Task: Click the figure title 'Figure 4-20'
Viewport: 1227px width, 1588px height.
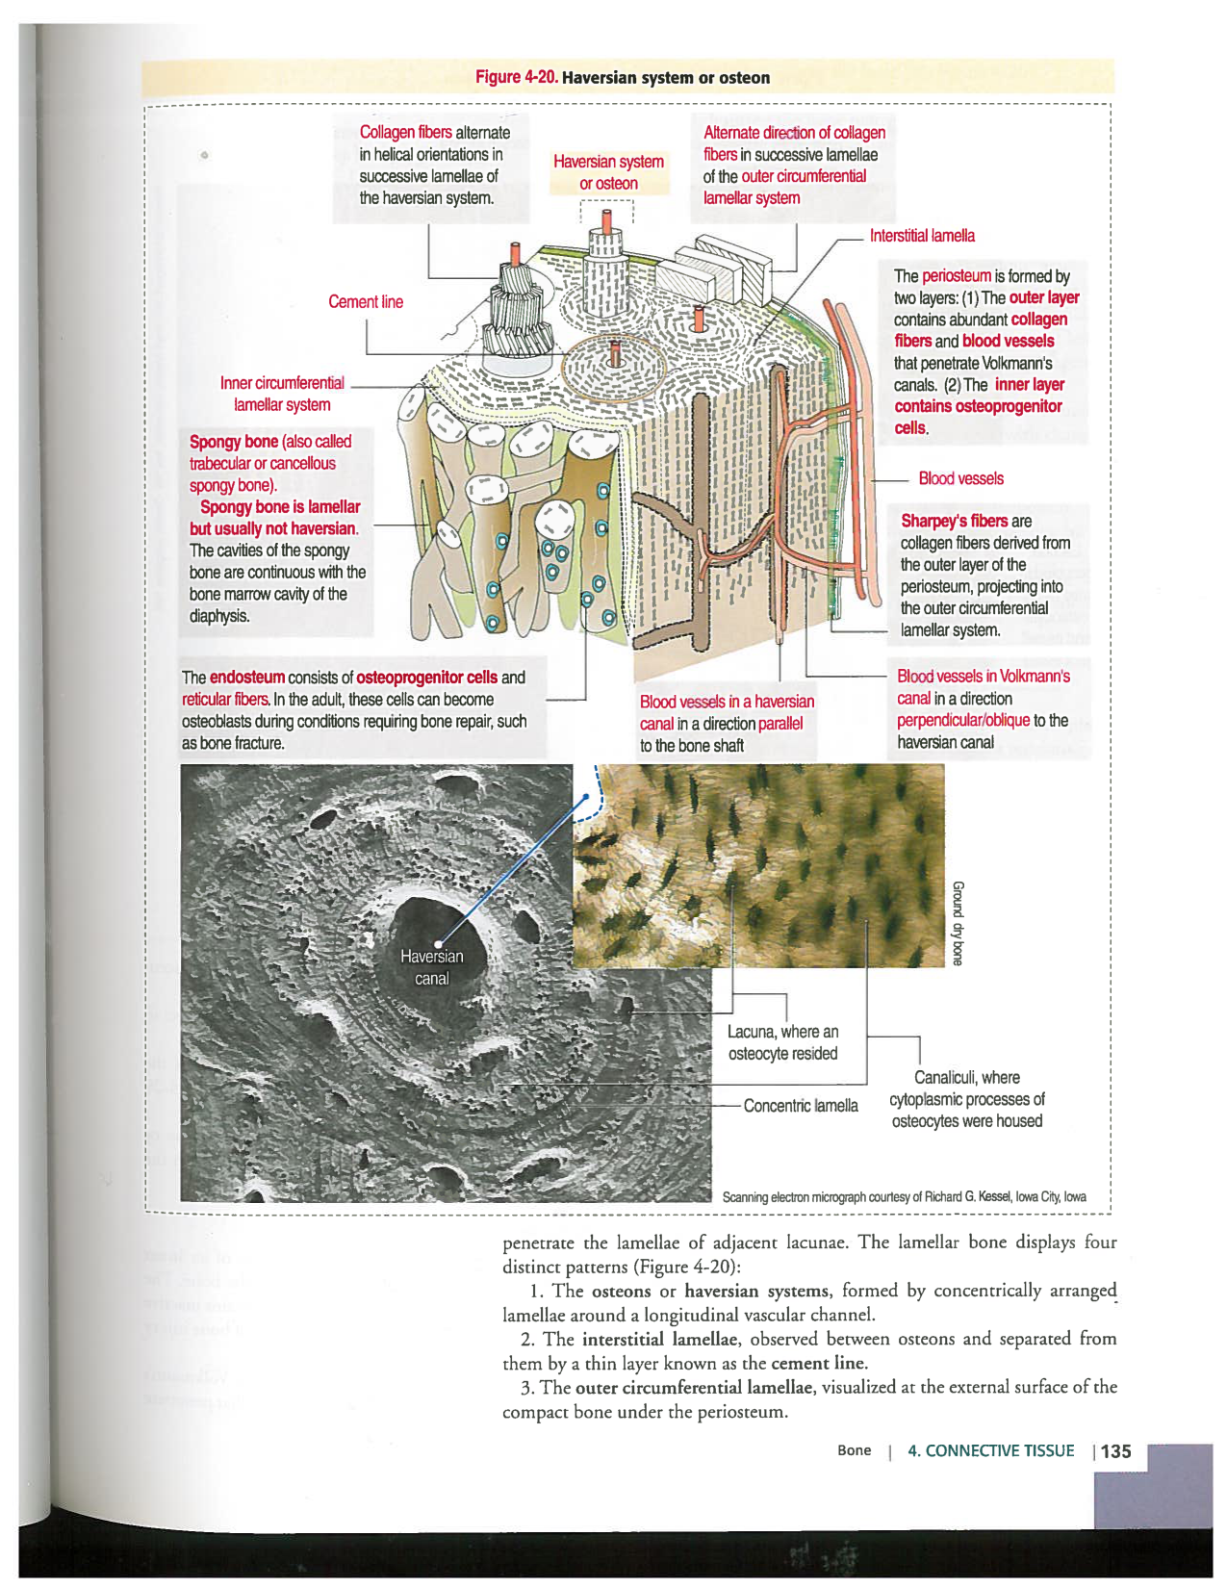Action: tap(517, 78)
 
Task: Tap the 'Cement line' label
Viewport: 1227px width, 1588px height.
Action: tap(366, 302)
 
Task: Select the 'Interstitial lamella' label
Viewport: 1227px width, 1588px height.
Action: tap(922, 236)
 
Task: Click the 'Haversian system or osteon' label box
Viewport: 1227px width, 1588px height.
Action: tap(608, 173)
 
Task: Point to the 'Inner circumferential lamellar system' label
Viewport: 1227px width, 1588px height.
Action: tap(282, 394)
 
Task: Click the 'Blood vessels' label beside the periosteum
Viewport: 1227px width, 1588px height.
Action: tap(960, 479)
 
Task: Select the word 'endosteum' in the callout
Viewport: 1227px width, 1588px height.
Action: tap(247, 678)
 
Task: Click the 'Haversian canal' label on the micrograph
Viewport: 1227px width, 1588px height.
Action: tap(431, 967)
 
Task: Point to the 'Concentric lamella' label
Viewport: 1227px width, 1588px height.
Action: tap(801, 1106)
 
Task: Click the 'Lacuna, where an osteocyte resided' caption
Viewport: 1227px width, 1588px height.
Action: tap(782, 1042)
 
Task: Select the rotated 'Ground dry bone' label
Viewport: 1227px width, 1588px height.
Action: tap(958, 922)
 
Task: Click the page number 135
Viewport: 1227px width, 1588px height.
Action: tap(1115, 1451)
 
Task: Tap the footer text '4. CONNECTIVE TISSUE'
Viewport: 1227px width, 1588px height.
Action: tap(990, 1451)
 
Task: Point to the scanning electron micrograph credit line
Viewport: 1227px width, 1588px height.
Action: tap(904, 1197)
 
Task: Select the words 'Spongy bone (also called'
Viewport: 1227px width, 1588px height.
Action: tap(270, 442)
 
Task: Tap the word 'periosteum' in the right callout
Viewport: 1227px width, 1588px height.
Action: tap(956, 276)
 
